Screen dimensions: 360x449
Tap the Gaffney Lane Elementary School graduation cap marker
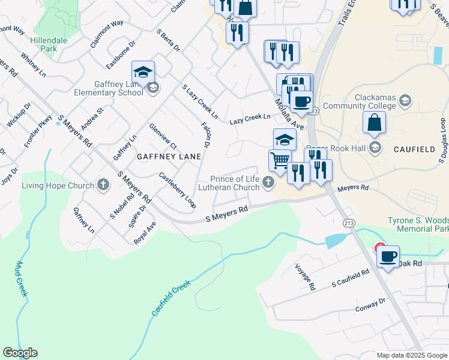[143, 72]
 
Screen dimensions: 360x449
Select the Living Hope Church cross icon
[103, 185]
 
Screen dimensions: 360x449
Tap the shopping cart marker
[279, 160]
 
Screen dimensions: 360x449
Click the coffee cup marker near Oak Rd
[388, 257]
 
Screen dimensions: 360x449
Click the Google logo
[20, 353]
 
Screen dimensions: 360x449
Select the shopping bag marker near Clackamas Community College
[374, 123]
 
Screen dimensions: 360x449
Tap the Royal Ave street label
[145, 232]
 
